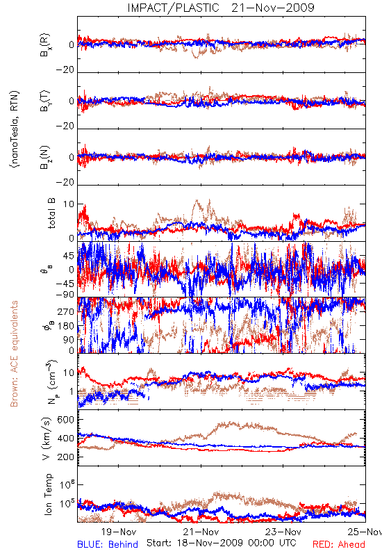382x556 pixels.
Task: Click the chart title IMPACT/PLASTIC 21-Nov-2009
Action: coord(221,8)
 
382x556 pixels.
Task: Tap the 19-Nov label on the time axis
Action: coord(119,532)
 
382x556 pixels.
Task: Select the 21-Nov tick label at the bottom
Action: coord(201,532)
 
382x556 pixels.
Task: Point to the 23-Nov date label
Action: coord(283,532)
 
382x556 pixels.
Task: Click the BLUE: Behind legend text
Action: coord(108,544)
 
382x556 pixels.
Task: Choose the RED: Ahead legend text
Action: coord(339,544)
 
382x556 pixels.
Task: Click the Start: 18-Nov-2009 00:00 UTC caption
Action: coord(222,543)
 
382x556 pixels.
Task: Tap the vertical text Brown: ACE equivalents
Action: coord(14,354)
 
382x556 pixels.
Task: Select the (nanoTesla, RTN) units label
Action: coord(15,129)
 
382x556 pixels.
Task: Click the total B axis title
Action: coord(51,213)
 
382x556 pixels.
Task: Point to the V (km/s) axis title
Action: coord(47,439)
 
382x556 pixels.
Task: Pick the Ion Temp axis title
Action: coord(48,494)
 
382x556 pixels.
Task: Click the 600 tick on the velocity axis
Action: coord(65,420)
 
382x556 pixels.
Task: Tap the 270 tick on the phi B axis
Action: coord(66,311)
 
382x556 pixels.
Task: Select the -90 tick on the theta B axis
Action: coord(65,295)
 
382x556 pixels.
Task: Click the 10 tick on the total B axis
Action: coord(69,204)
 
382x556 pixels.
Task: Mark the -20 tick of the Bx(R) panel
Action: coord(65,70)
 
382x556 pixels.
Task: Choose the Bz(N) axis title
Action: coord(45,157)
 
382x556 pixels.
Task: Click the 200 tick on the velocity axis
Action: coord(65,457)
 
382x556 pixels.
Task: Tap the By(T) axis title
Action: coord(45,101)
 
